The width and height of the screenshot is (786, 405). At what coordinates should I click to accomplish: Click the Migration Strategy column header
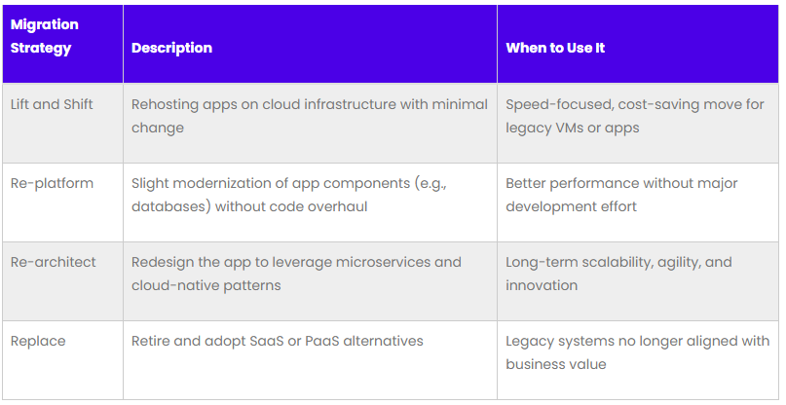(45, 36)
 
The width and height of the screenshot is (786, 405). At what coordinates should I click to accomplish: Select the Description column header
(172, 48)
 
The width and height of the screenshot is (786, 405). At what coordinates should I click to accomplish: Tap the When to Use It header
(555, 48)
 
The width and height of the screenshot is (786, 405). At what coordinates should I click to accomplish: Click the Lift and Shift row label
(52, 104)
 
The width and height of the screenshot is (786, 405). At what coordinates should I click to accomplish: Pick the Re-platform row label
(53, 183)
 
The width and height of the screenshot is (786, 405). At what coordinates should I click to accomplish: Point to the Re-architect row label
(54, 262)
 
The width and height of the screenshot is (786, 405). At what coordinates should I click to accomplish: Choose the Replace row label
(38, 342)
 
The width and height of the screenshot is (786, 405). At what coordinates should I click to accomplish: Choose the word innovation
(542, 285)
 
